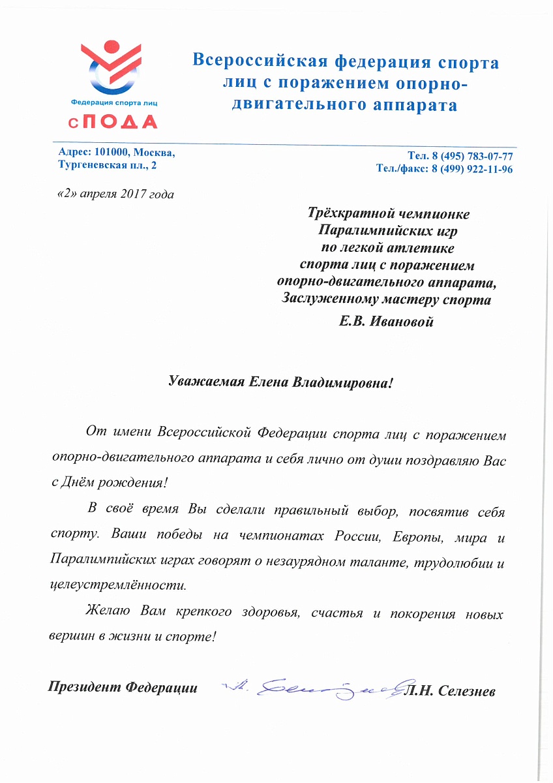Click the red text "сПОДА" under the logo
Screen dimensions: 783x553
pos(115,122)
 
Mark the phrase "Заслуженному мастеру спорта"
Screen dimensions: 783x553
pos(387,299)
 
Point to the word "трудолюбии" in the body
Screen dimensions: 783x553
pos(455,560)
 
